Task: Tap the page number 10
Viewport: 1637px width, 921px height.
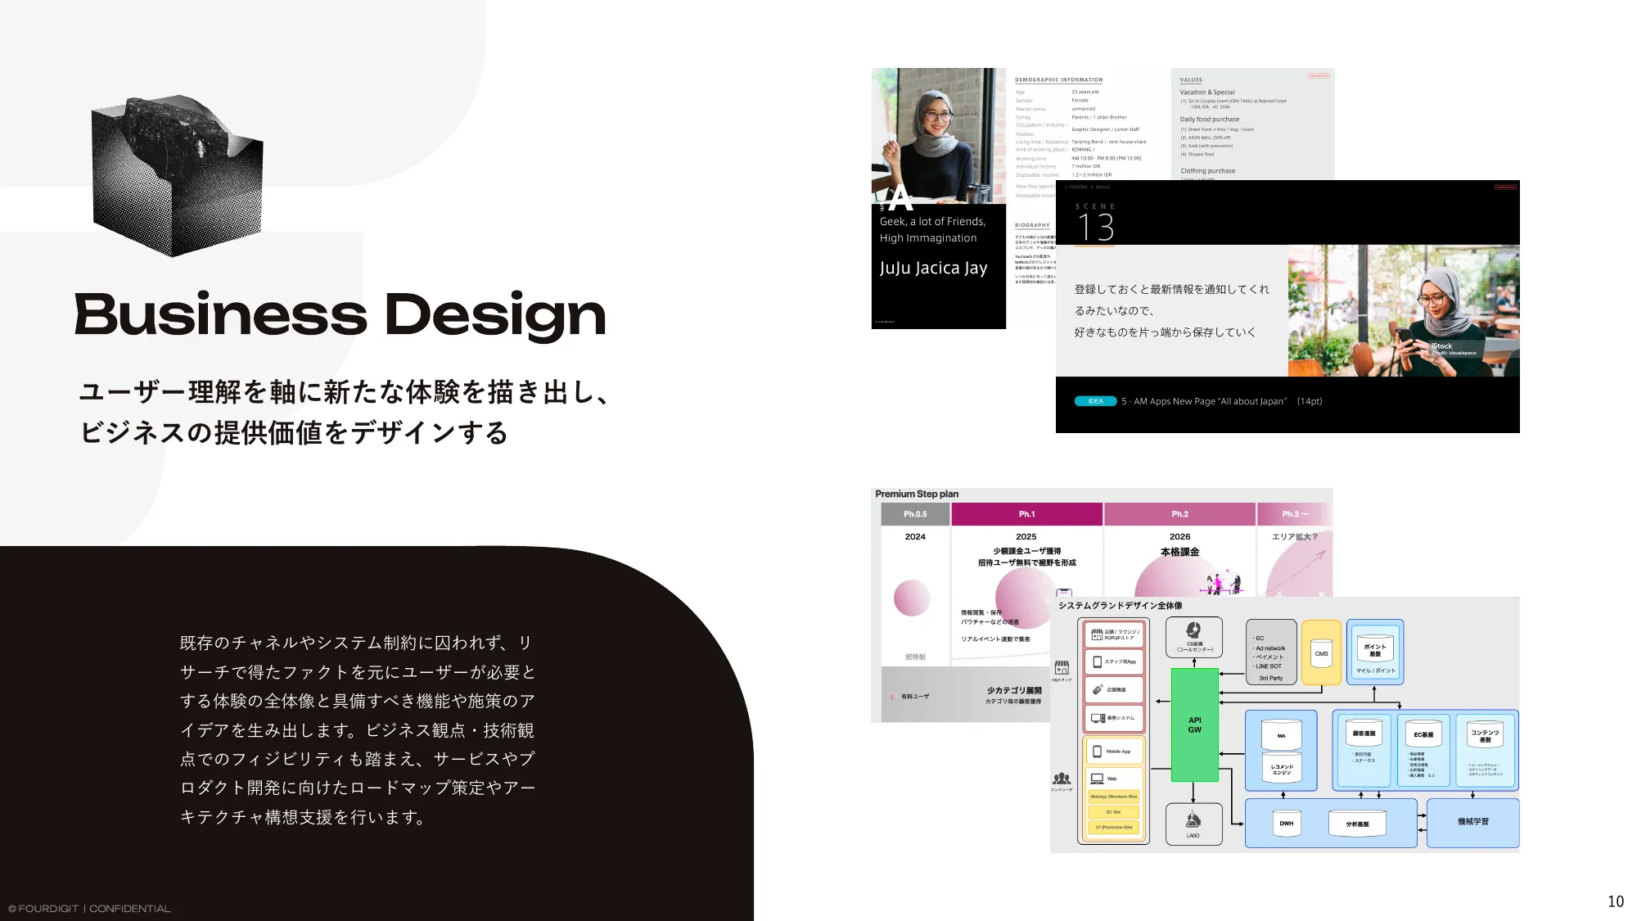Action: [1615, 901]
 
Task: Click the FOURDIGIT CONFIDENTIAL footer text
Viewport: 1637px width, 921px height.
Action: [90, 909]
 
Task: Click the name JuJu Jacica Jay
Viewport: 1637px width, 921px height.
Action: [933, 269]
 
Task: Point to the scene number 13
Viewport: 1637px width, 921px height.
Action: [1095, 227]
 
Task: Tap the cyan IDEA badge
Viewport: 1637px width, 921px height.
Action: [1095, 401]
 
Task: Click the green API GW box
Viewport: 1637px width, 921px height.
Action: [1194, 725]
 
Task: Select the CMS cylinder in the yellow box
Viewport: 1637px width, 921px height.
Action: [1321, 653]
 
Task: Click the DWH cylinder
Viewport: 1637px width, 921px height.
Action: [1287, 823]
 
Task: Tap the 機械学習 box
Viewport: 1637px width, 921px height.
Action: [1472, 822]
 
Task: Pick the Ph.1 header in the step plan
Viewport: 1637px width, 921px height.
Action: [1026, 514]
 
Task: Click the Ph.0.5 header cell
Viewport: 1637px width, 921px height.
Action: [915, 514]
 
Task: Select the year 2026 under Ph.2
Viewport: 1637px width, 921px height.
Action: [1179, 537]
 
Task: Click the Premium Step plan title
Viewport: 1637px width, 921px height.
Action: [917, 494]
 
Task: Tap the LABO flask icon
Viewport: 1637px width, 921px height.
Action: [1193, 819]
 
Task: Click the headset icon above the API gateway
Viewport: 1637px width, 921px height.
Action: [1193, 630]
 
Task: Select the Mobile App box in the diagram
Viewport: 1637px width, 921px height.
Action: [1114, 751]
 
